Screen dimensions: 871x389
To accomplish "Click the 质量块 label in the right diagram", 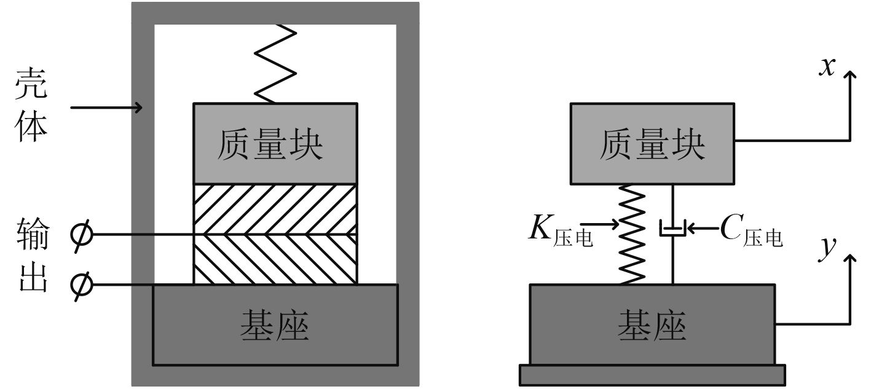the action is click(x=652, y=144).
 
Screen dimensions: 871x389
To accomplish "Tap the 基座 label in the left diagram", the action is click(x=275, y=325).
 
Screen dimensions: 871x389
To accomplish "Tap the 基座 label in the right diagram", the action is click(x=652, y=325).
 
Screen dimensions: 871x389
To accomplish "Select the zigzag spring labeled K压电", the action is click(x=633, y=234).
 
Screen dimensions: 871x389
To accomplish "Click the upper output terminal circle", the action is click(x=81, y=235).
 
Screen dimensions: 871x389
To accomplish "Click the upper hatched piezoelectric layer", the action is click(x=275, y=209).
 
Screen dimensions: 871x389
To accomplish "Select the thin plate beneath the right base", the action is click(x=652, y=374).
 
